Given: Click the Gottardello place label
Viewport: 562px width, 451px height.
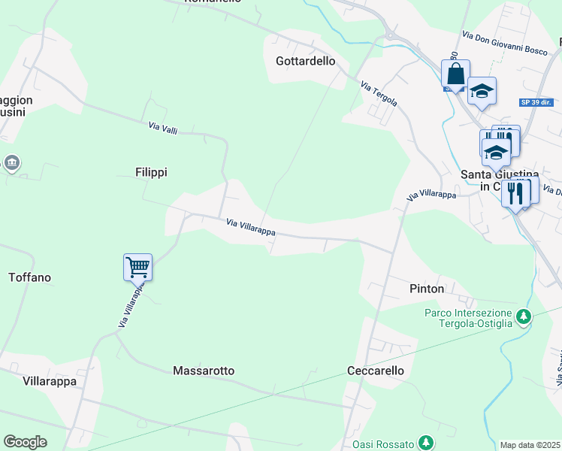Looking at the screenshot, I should [305, 61].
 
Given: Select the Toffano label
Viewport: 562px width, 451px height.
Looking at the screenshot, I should [29, 277].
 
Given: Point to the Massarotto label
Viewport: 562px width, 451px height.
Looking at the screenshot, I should [204, 371].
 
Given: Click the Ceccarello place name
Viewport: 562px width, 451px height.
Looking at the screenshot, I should [376, 371].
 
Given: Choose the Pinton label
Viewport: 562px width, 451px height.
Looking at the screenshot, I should [427, 289].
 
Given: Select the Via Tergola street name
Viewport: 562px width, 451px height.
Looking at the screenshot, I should [379, 93].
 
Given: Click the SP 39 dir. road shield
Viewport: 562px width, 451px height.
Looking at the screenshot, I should [536, 101].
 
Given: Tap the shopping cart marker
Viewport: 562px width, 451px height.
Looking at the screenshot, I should [138, 266].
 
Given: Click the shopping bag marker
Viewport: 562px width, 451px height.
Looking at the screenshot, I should [455, 74].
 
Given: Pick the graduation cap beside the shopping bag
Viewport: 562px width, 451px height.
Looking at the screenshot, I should [482, 91].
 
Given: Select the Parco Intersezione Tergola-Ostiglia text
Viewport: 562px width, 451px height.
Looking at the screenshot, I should [468, 318].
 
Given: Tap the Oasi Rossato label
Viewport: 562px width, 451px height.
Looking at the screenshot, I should [384, 442].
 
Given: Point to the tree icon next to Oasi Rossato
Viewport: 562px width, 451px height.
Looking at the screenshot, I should [426, 442].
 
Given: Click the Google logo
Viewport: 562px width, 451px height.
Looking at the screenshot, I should [25, 442].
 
